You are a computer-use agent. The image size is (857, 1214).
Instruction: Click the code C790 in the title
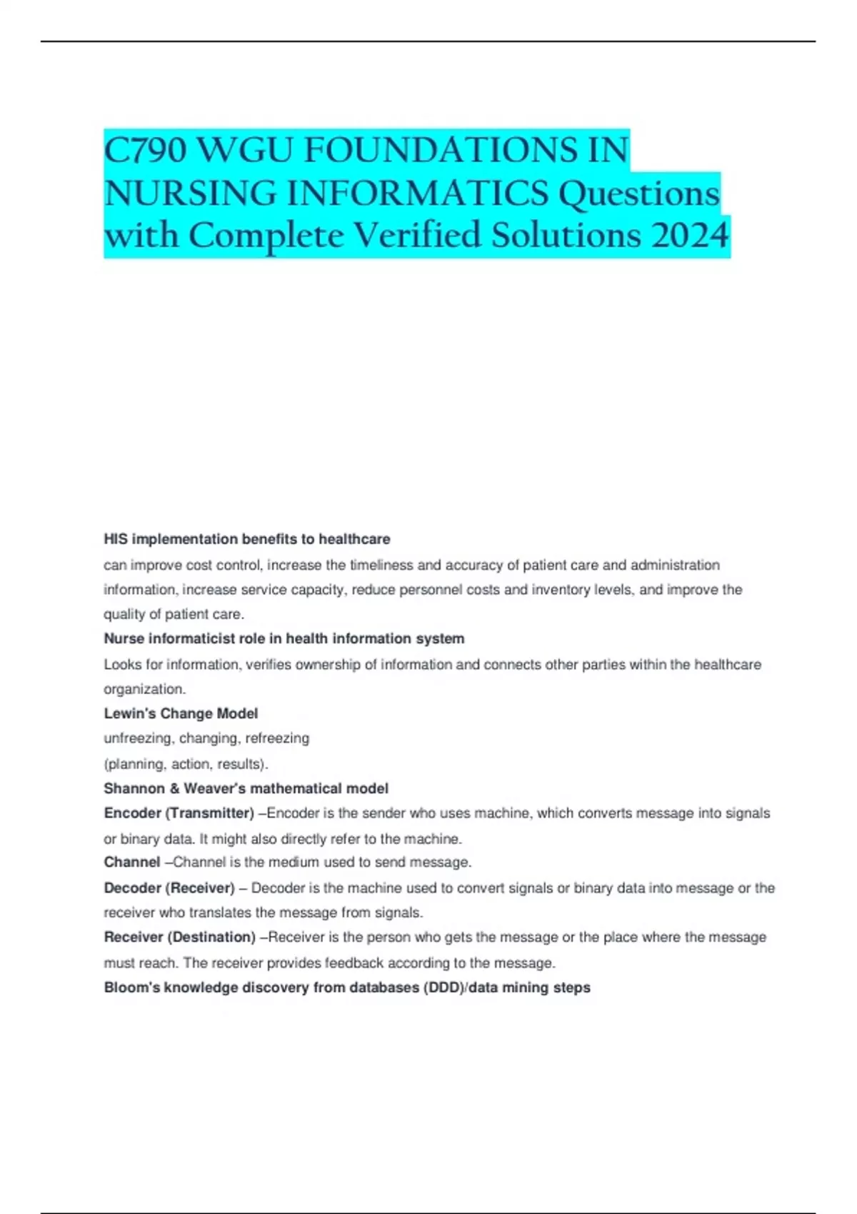(x=146, y=151)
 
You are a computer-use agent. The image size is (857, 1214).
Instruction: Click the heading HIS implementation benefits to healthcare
(x=247, y=539)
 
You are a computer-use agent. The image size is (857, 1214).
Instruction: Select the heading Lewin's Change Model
(x=181, y=713)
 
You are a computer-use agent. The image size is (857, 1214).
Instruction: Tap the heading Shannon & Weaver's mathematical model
(x=246, y=788)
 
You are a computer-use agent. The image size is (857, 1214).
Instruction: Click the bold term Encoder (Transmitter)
(x=179, y=813)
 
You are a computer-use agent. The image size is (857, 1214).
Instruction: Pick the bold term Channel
(x=132, y=862)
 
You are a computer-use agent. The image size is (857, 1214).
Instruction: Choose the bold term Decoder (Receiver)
(x=169, y=888)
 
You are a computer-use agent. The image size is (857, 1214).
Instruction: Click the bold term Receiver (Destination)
(x=180, y=937)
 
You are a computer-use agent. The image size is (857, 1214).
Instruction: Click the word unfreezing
(x=138, y=738)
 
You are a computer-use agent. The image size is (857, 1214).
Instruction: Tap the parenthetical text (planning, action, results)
(x=186, y=764)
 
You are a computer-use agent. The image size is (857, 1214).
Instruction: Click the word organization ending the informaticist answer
(x=144, y=689)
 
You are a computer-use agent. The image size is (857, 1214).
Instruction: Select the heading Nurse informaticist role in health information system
(x=284, y=638)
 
